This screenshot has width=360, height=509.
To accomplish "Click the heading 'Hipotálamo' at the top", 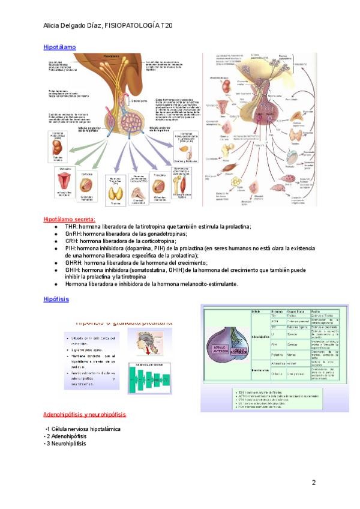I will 59,46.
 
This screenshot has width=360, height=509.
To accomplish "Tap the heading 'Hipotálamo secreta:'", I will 69,220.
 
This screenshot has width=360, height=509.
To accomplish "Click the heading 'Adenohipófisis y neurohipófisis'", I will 85,415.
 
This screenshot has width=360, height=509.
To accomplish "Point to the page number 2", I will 313,483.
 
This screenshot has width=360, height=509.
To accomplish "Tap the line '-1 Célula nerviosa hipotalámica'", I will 83,429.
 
